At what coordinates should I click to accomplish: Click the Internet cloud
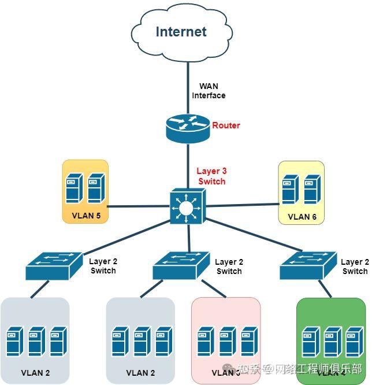tap(180, 32)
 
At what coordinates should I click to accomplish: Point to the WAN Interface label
tap(209, 91)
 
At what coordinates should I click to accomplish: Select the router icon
tap(188, 127)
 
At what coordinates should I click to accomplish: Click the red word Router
tap(226, 125)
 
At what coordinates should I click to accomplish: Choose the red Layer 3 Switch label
tap(211, 176)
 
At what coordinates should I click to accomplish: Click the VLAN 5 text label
tap(85, 216)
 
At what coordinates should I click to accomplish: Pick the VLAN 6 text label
tap(302, 217)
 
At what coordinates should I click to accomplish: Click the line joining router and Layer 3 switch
tap(188, 165)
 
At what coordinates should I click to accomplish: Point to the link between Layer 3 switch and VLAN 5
tap(139, 206)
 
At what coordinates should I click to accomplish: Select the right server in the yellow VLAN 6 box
tap(312, 189)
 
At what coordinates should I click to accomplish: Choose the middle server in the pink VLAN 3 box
tap(226, 342)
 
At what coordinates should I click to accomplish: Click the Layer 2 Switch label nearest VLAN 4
tap(354, 266)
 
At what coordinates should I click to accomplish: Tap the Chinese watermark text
tap(300, 369)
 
